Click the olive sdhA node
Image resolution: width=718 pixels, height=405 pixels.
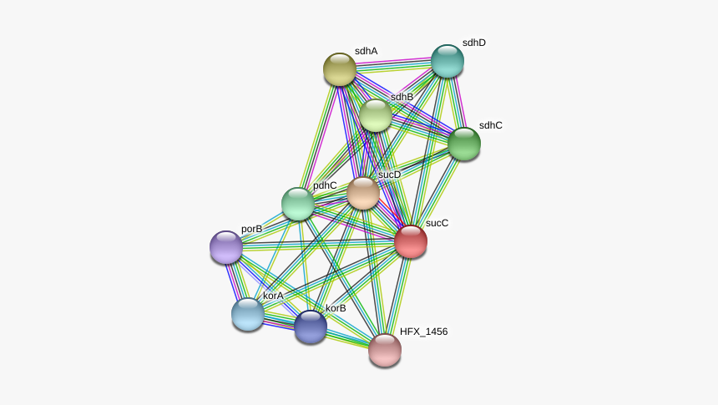[340, 69]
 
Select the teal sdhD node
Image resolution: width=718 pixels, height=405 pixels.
[447, 61]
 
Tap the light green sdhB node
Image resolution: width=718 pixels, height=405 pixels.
[376, 115]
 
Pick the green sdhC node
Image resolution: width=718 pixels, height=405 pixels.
[464, 144]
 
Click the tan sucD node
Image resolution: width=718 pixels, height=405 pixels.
[363, 193]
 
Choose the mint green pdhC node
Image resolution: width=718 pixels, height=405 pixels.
[298, 204]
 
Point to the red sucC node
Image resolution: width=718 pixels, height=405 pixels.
[411, 241]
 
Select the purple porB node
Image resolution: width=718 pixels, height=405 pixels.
[226, 247]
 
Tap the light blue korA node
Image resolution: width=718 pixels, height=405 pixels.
[248, 314]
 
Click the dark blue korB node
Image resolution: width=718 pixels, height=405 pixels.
[311, 327]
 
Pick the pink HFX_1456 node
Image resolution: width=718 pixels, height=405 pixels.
[385, 350]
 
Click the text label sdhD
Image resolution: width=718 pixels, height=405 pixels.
[474, 43]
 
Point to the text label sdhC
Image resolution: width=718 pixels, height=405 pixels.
[491, 125]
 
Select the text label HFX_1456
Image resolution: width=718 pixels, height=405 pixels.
[423, 332]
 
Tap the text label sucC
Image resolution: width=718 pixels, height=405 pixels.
[437, 223]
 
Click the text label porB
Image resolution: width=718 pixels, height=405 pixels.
[252, 229]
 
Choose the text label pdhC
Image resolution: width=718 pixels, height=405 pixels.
[325, 185]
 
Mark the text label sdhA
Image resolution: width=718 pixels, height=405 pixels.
[367, 51]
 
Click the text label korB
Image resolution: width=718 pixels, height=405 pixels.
[336, 308]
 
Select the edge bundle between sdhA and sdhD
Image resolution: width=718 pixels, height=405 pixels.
[394, 65]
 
